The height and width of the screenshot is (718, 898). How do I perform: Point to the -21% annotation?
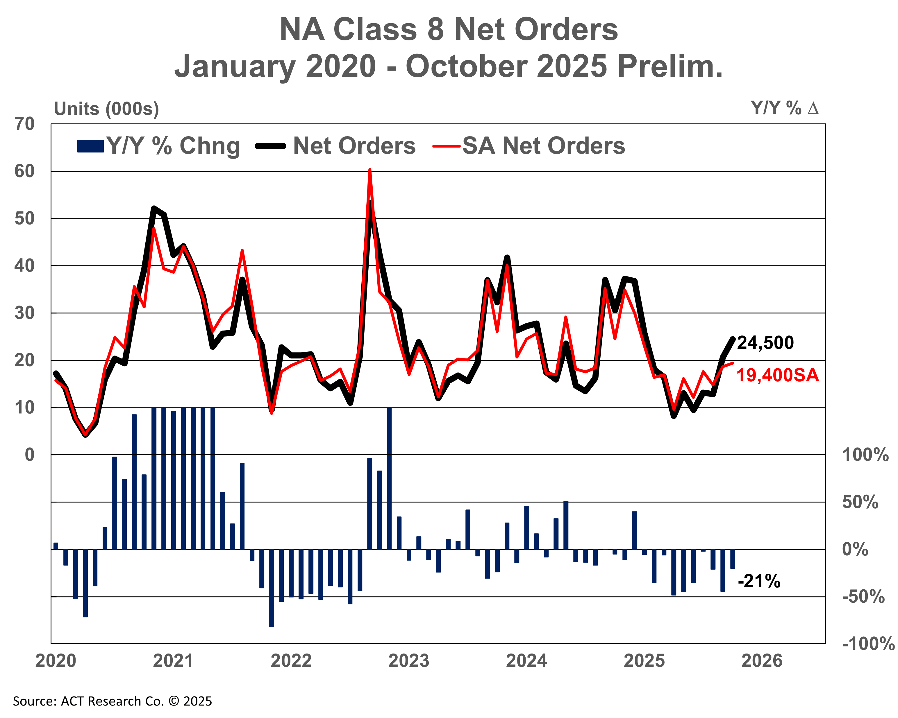(759, 581)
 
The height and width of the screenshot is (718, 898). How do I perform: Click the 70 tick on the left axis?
(25, 124)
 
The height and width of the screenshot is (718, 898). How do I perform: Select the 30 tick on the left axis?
(25, 313)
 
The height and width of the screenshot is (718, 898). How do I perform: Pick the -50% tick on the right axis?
(863, 597)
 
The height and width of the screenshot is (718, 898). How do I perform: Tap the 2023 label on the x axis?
(409, 661)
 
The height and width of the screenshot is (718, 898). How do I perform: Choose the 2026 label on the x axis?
(762, 661)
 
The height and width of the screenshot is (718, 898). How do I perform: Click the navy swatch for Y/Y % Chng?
(90, 146)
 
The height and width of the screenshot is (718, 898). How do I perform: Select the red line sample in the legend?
(447, 146)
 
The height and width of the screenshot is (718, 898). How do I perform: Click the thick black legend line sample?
(271, 146)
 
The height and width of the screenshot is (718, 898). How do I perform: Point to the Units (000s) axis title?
(107, 109)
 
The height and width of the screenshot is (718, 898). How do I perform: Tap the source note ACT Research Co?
(113, 701)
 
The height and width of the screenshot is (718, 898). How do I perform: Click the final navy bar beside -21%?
(733, 559)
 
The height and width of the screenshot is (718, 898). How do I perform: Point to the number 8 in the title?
(435, 30)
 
